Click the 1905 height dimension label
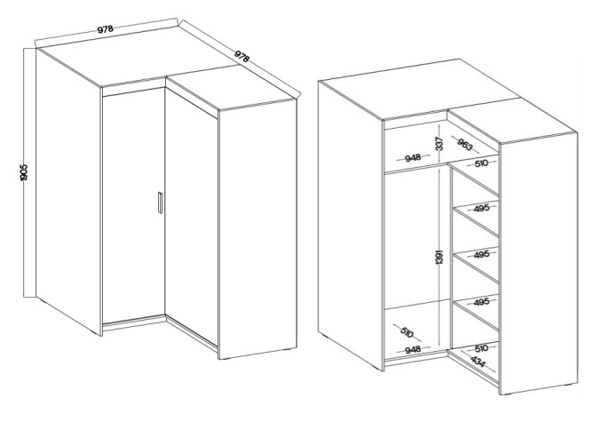[24, 172]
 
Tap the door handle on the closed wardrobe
[161, 203]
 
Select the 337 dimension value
[440, 144]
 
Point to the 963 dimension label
[465, 144]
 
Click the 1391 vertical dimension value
[440, 257]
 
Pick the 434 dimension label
[478, 362]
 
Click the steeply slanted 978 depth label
[242, 56]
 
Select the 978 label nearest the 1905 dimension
[105, 29]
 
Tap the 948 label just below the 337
[413, 158]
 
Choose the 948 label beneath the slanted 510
[413, 349]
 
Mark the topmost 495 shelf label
[481, 208]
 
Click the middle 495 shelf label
[481, 254]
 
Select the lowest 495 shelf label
[481, 302]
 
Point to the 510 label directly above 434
[481, 348]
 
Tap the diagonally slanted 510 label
[407, 332]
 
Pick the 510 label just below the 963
[481, 163]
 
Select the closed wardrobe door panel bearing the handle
[134, 205]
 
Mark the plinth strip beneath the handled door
[134, 323]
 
